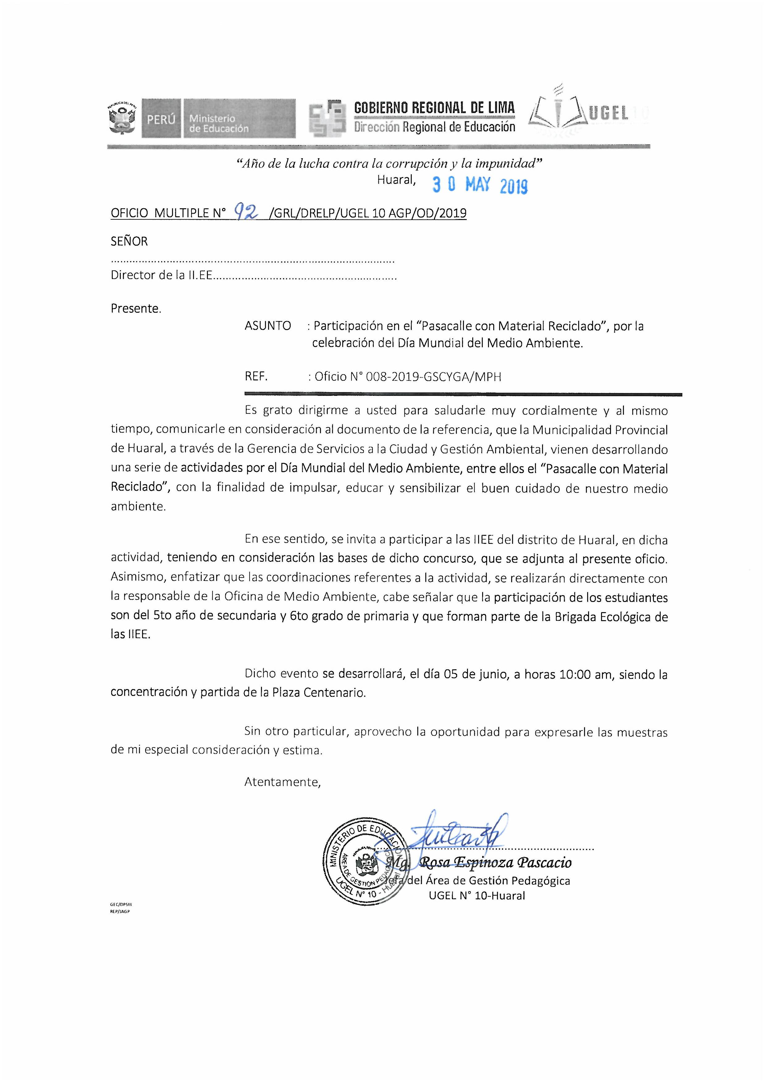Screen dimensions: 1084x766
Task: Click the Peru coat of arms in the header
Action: (x=122, y=118)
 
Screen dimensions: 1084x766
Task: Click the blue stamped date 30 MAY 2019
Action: (x=480, y=185)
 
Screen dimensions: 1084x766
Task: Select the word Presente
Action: (x=136, y=308)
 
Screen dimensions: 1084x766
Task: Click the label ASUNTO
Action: (x=267, y=326)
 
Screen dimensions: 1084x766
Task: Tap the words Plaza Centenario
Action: (x=318, y=692)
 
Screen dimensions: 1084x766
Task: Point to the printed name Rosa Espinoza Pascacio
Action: (x=495, y=862)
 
